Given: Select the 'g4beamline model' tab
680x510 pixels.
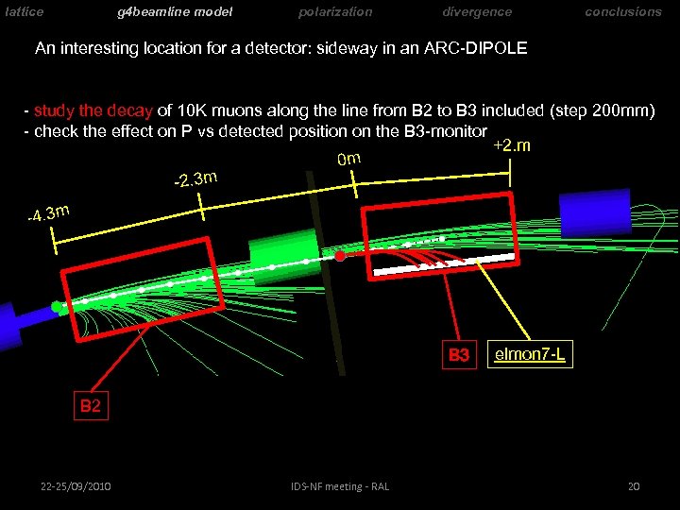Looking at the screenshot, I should (175, 12).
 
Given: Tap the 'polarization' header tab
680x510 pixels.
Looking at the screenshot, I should (335, 12).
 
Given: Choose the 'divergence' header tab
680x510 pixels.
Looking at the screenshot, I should (477, 12).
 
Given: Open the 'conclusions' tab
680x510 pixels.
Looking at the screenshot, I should (623, 12).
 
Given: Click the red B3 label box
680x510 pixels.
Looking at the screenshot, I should (459, 355).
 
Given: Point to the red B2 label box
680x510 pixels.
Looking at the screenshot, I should (90, 406).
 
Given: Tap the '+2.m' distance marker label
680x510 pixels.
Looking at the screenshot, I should (512, 145).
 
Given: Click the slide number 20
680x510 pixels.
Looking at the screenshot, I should (634, 486).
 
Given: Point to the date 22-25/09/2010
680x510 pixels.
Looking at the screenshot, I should (76, 486).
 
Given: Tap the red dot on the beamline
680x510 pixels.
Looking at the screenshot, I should (340, 255).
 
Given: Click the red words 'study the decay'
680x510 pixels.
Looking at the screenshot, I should (88, 111).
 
